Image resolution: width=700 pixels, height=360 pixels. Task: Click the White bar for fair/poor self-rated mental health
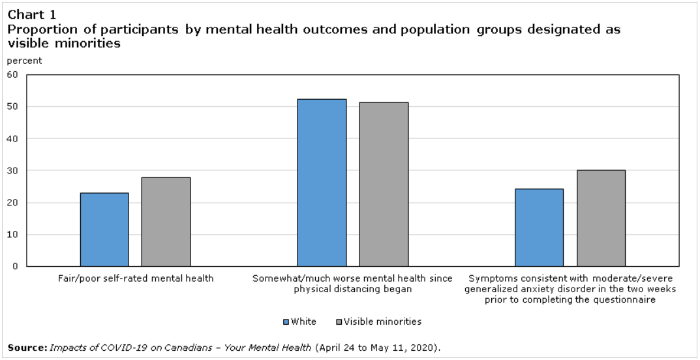click(104, 230)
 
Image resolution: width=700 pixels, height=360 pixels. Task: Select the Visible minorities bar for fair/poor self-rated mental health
click(166, 222)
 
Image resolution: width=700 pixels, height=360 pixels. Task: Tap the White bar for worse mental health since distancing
click(322, 183)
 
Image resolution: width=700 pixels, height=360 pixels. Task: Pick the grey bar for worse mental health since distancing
click(384, 184)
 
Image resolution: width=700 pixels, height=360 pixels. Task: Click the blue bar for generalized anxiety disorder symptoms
click(539, 228)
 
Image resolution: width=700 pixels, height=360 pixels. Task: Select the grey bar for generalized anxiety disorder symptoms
click(601, 218)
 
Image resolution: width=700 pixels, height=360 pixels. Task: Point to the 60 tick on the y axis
click(12, 74)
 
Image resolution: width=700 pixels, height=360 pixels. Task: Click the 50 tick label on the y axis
click(12, 106)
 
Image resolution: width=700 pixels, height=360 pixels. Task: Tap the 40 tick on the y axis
click(12, 138)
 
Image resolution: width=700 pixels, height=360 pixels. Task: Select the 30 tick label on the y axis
click(12, 170)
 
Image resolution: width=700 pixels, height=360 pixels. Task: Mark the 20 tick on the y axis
click(12, 202)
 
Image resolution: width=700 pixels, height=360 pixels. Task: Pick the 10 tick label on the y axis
click(12, 234)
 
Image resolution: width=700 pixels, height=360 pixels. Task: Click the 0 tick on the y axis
click(15, 266)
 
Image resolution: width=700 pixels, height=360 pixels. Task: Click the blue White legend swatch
click(286, 322)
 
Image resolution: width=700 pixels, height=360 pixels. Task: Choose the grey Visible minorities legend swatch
click(338, 322)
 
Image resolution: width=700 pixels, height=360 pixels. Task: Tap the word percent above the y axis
click(24, 61)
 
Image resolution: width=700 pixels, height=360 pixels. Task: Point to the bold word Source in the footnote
click(26, 347)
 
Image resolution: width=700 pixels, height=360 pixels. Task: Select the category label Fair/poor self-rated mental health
click(136, 278)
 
